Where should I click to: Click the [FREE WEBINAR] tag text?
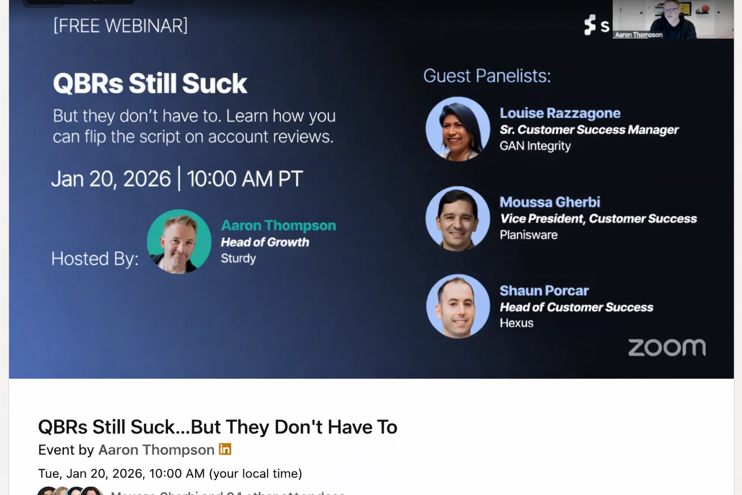coord(120,26)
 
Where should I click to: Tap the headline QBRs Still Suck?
coord(150,84)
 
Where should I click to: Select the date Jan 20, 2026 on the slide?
coord(111,179)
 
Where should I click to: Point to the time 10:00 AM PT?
coord(244,179)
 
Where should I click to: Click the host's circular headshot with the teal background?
coord(179,241)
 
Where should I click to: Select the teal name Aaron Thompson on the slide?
coord(278,226)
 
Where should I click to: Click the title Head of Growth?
coord(265,242)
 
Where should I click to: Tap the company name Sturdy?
coord(238,259)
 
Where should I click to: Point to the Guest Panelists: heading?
coord(487,76)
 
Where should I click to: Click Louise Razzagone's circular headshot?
coord(457,129)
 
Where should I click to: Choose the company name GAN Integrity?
coord(535,146)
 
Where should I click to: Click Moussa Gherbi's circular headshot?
coord(457,218)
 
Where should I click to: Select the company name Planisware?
coord(528,235)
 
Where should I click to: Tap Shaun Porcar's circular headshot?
coord(457,306)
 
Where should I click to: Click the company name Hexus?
coord(516,323)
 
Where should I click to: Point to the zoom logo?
coord(667,348)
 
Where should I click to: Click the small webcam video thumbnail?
coord(673,19)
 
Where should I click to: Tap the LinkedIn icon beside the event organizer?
coord(225,449)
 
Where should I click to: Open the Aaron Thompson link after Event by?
coord(156,450)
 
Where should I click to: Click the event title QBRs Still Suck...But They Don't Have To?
coord(217,427)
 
